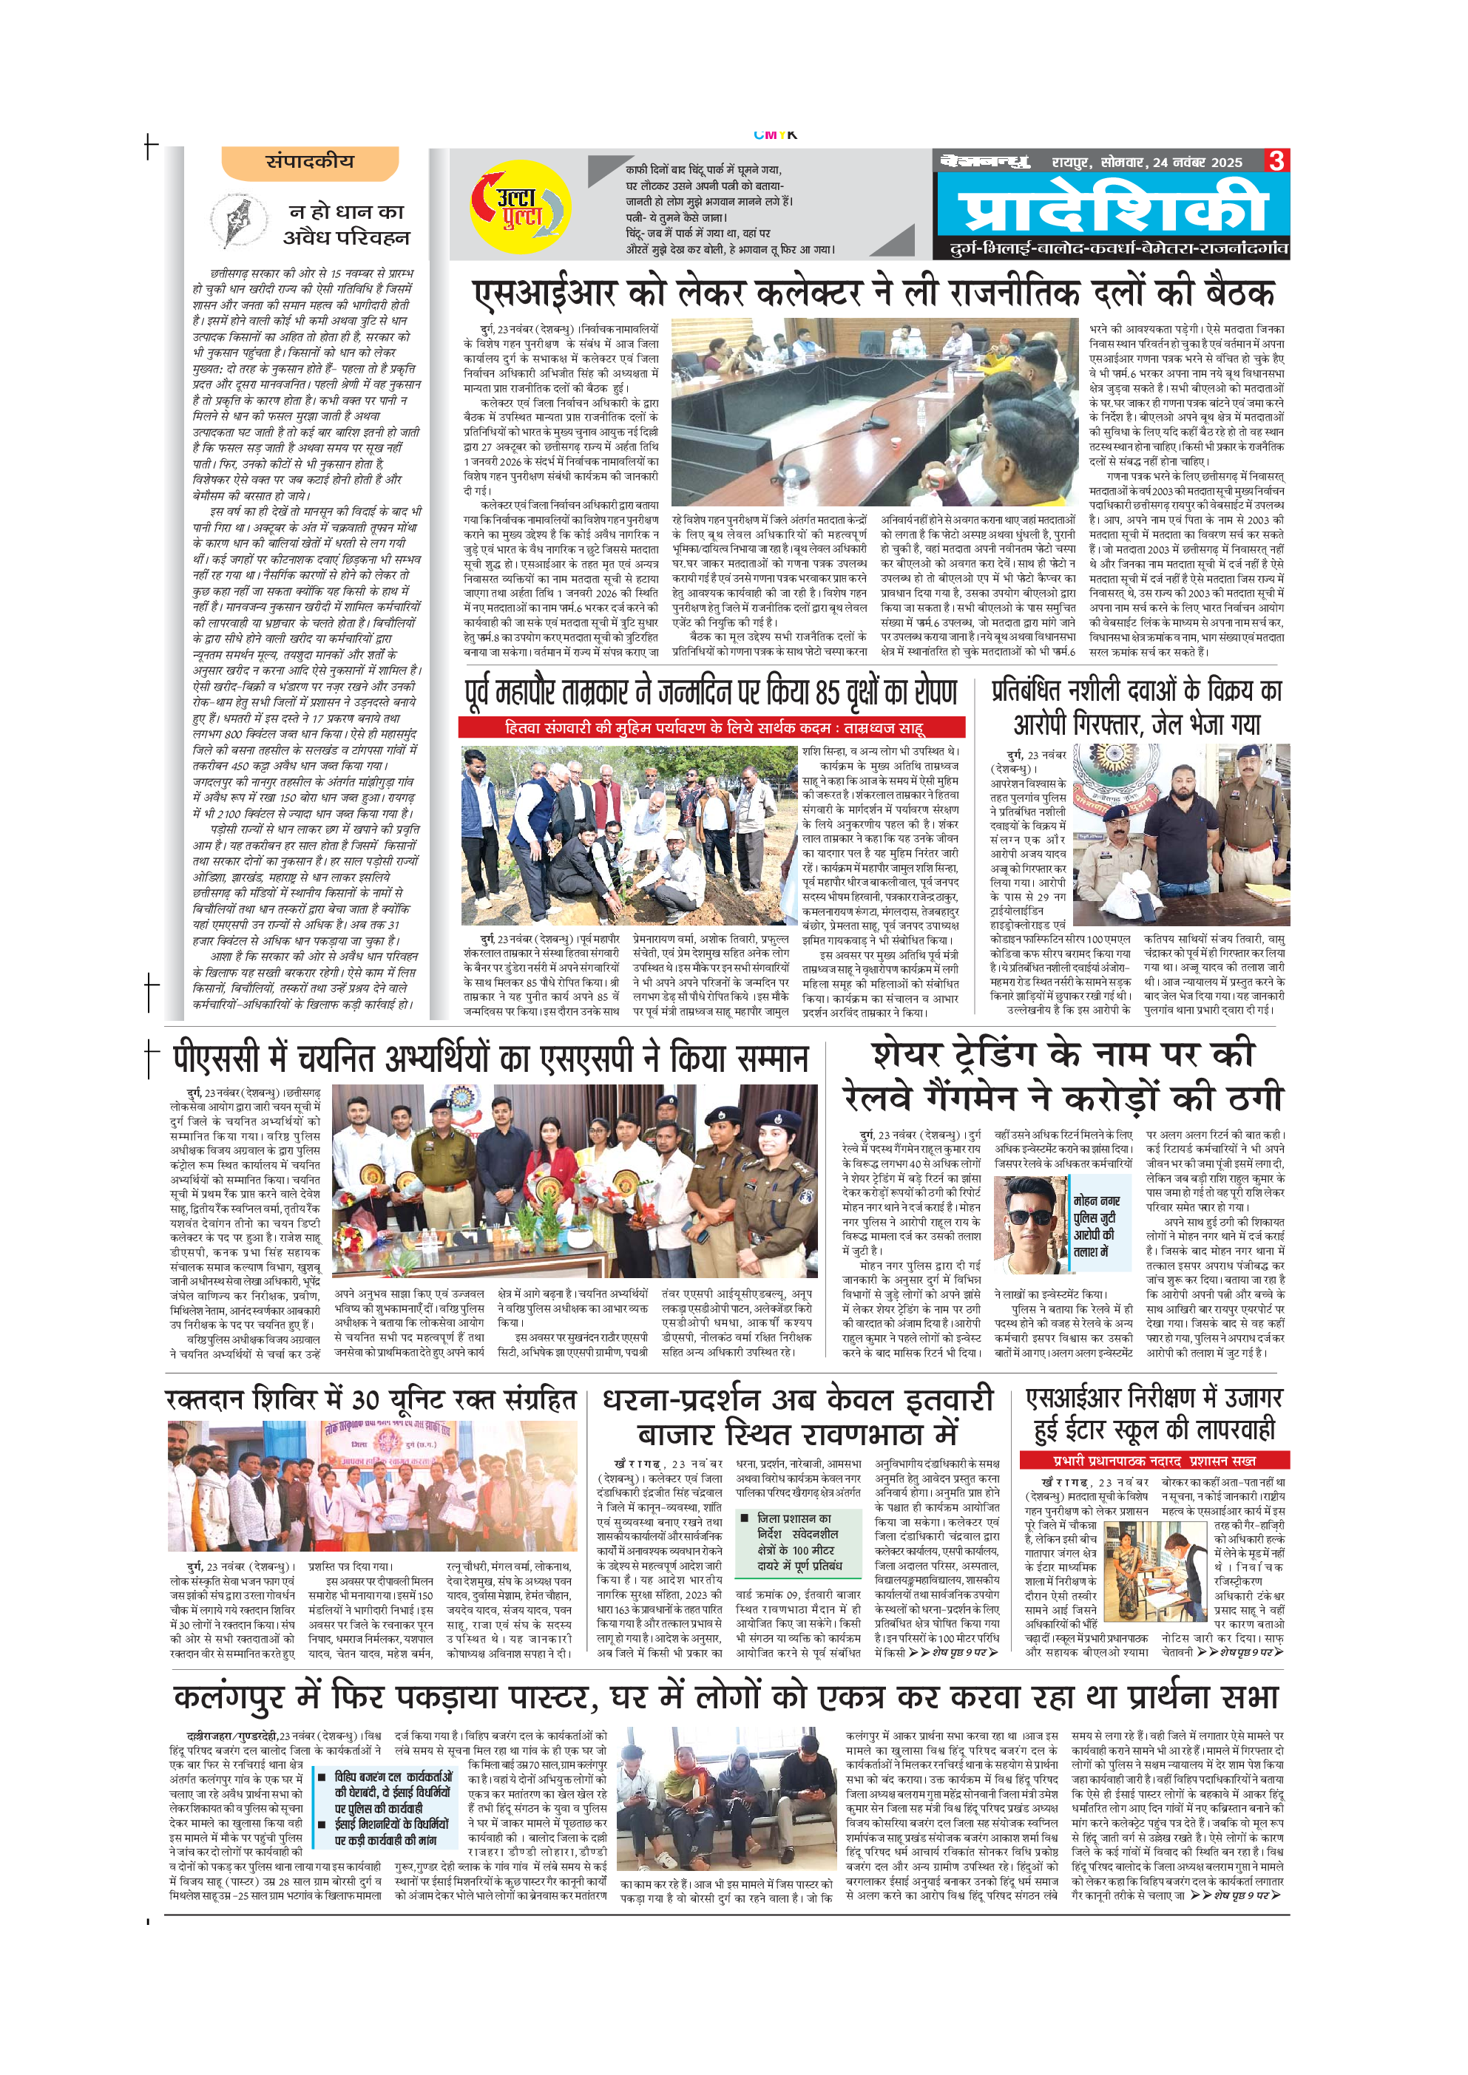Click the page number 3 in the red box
[1276, 162]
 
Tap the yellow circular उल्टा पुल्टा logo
[520, 207]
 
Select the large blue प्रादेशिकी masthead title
[1114, 207]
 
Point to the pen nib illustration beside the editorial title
[239, 220]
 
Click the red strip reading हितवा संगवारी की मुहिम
[711, 727]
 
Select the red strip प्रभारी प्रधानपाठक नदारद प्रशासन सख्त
[1154, 1461]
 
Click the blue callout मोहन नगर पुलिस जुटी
[1097, 1226]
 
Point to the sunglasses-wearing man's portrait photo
[1030, 1225]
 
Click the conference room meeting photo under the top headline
[874, 412]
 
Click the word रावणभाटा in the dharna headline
[845, 1434]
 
